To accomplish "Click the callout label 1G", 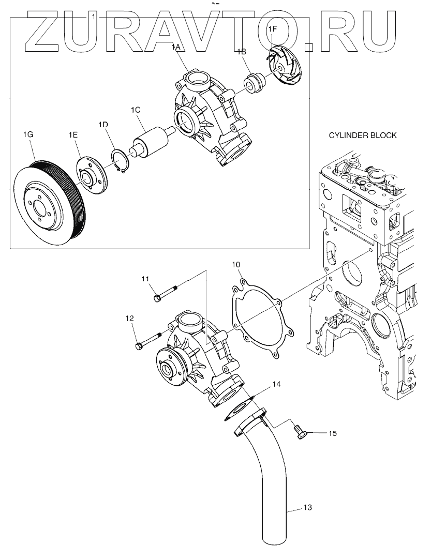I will pyautogui.click(x=28, y=134).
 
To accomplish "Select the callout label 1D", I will pyautogui.click(x=102, y=125).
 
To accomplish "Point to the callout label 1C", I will pyautogui.click(x=136, y=110).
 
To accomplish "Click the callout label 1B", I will pyautogui.click(x=241, y=51).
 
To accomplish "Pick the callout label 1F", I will pyautogui.click(x=272, y=31).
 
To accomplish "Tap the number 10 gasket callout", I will pyautogui.click(x=236, y=265).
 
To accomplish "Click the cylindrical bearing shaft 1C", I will pyautogui.click(x=150, y=140).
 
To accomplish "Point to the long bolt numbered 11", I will pyautogui.click(x=166, y=293).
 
